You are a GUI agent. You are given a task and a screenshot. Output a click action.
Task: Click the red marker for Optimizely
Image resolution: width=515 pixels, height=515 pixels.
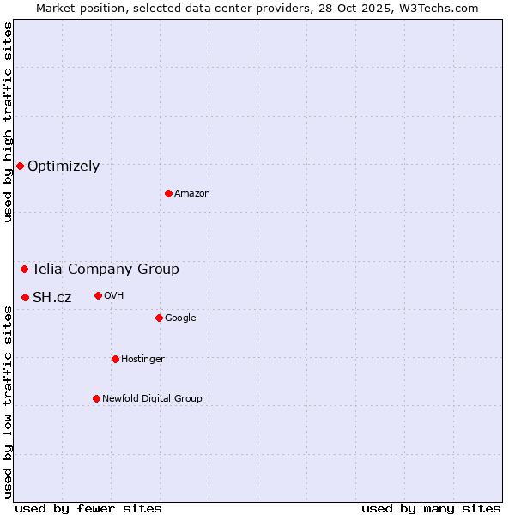click(20, 166)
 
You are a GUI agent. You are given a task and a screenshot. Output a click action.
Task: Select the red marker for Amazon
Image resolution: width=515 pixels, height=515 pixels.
click(168, 193)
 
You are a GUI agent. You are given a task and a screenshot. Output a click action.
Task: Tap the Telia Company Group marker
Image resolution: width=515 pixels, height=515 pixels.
click(24, 269)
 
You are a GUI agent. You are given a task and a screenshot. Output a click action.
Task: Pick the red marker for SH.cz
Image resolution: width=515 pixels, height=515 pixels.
click(25, 297)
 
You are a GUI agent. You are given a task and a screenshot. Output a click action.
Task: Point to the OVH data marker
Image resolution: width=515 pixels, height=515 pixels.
click(98, 295)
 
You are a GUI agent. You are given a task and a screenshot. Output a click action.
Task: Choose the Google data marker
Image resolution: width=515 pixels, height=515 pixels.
click(159, 318)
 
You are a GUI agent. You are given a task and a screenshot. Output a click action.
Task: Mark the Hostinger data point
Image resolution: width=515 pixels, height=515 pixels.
click(115, 359)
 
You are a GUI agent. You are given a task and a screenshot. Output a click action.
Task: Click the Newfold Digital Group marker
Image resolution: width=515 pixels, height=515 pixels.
click(96, 398)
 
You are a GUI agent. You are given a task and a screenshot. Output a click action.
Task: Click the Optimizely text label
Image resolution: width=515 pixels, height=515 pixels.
click(64, 166)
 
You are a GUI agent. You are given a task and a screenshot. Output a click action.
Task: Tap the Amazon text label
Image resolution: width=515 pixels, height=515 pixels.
click(192, 193)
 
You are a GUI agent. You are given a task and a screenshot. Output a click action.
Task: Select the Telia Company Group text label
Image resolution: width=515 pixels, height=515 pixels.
click(106, 269)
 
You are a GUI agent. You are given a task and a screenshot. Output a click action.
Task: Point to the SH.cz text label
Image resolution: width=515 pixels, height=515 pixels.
click(51, 297)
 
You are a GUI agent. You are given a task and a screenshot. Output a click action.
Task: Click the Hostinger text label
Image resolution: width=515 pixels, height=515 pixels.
click(142, 359)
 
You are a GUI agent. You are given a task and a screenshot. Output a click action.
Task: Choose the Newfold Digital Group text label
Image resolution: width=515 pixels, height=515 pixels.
click(152, 398)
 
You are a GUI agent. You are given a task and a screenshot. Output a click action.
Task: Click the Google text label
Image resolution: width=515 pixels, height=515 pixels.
click(180, 318)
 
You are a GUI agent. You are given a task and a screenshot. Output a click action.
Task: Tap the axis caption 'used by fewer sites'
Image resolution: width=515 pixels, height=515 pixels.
click(88, 508)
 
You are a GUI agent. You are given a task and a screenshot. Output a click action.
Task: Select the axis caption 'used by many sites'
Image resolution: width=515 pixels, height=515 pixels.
click(431, 508)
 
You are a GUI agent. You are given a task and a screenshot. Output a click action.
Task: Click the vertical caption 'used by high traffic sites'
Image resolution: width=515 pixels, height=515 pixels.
click(8, 122)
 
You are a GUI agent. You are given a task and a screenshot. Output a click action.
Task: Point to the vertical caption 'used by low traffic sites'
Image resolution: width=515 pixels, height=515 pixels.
click(8, 401)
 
